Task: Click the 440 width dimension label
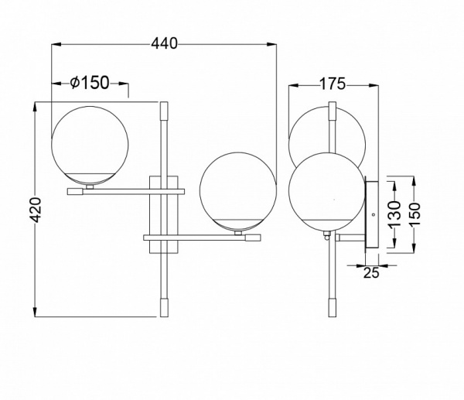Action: [164, 44]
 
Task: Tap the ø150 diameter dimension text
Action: [89, 84]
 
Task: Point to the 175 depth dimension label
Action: [331, 84]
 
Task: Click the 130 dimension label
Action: [394, 211]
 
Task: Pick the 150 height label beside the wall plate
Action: [417, 212]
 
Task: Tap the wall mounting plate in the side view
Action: [372, 214]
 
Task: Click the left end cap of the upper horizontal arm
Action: [75, 190]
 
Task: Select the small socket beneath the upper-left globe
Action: [90, 186]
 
